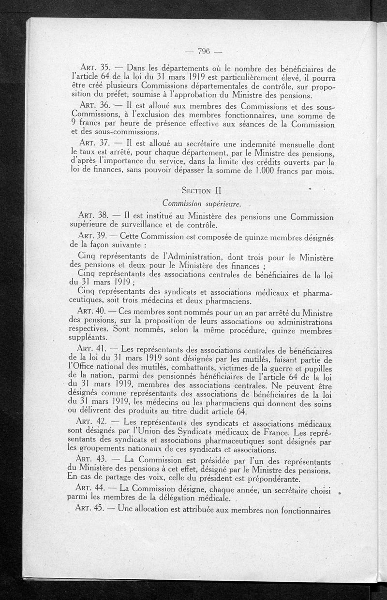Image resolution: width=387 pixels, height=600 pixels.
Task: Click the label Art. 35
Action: pos(92,69)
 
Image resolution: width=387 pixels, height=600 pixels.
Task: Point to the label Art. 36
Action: pos(92,106)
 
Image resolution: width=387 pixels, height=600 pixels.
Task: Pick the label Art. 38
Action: pos(92,215)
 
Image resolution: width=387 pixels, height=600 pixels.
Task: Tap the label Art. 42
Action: pos(92,422)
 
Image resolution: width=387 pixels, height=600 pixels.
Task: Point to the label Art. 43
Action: pos(92,458)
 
